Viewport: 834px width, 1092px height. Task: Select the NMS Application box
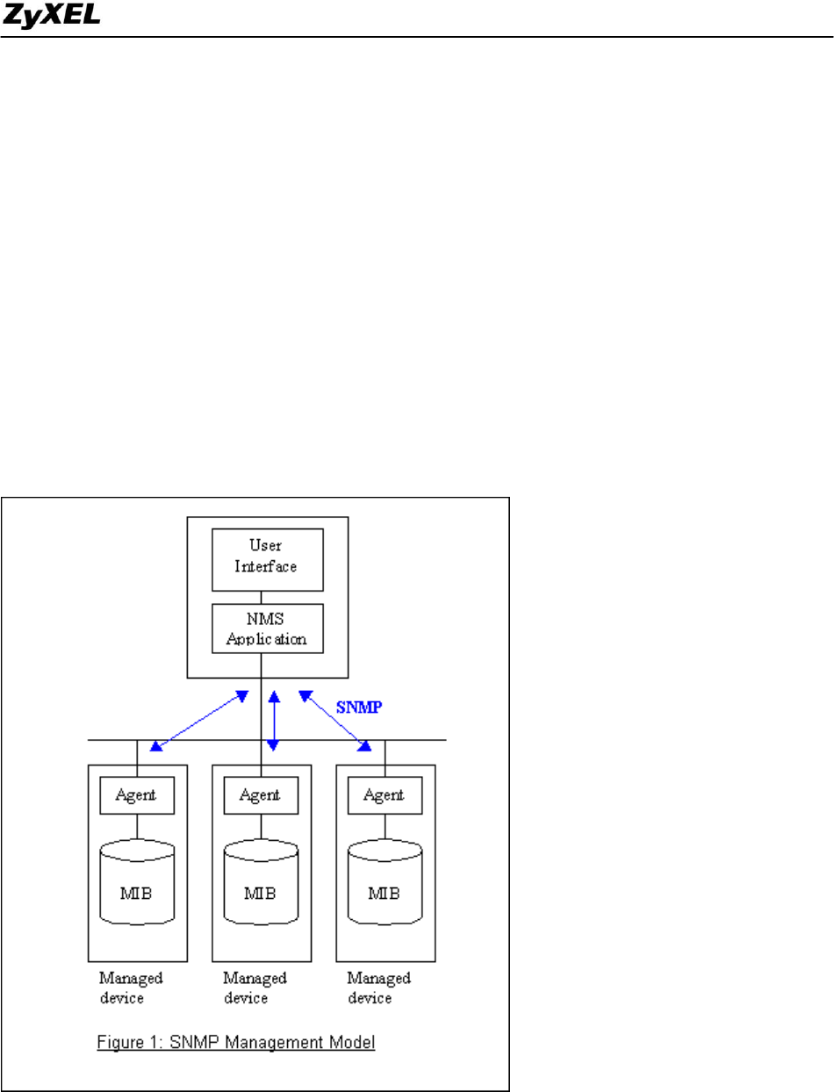268,627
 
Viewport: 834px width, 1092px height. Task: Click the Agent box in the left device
136,795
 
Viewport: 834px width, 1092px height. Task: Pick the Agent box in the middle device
261,795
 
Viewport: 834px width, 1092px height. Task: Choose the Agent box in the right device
385,795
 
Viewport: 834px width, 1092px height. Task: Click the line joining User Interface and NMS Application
268,597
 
